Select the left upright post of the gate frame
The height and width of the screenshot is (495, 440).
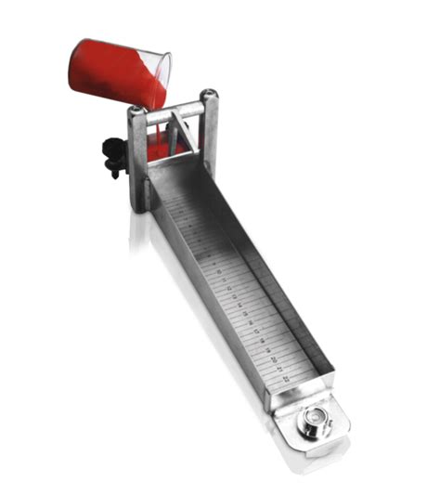(x=137, y=158)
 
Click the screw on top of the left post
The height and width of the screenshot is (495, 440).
(x=136, y=109)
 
